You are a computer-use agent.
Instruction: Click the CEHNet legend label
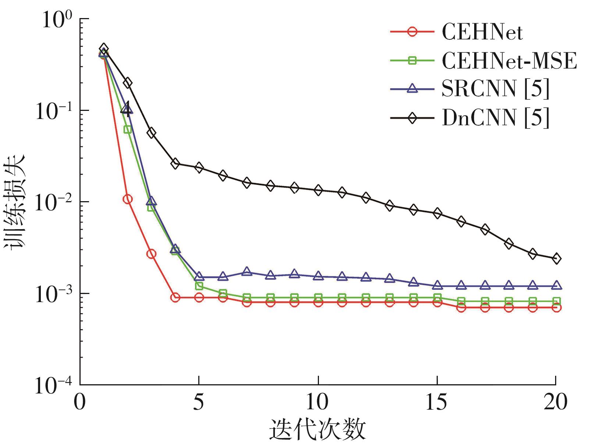482,32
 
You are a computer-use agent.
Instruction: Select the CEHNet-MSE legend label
509,61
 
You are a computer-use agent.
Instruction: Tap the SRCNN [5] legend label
495,89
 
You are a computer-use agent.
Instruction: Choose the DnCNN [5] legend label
495,118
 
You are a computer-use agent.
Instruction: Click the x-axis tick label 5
199,402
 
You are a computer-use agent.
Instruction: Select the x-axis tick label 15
437,402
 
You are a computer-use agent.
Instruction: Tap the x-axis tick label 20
555,402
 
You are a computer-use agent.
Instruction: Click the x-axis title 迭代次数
318,430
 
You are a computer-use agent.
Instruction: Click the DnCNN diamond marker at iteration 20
556,258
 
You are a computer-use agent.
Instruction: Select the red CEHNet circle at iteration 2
128,199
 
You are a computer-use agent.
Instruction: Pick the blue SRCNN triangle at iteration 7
247,272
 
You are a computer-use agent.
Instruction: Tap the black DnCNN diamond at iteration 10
318,190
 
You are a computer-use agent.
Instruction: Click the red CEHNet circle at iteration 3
151,254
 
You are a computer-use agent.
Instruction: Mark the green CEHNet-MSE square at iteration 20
556,301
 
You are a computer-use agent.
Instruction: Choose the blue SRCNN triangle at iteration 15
437,285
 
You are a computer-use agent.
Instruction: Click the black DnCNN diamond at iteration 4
175,164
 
